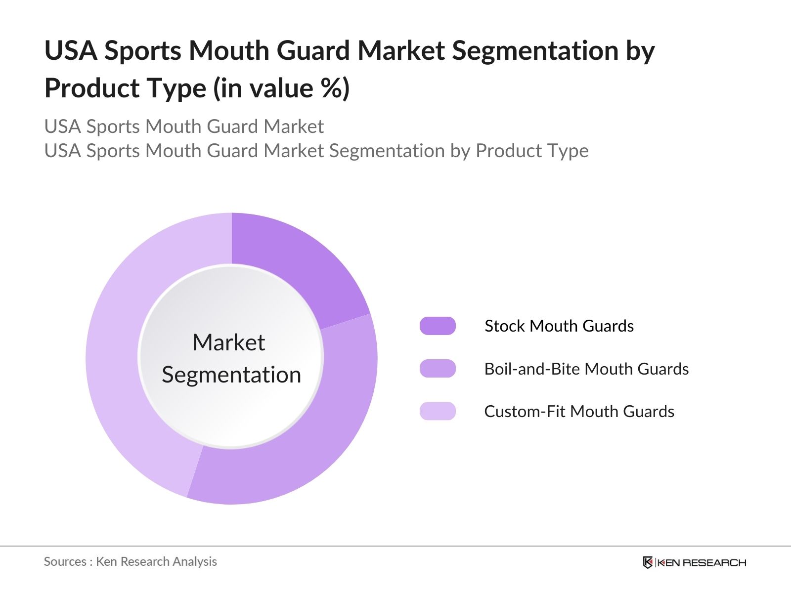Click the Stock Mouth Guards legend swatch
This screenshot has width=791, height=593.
click(x=438, y=326)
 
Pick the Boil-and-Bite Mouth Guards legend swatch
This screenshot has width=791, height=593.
click(x=438, y=369)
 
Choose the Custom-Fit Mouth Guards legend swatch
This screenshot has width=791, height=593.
click(x=438, y=411)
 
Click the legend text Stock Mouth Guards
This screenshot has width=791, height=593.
click(x=559, y=326)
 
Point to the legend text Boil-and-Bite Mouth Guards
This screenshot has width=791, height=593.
click(x=586, y=369)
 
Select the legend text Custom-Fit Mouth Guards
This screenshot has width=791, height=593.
click(x=579, y=411)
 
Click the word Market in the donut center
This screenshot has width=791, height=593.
click(x=228, y=342)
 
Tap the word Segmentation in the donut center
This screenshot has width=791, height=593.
click(x=231, y=375)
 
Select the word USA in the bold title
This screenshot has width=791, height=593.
click(x=71, y=51)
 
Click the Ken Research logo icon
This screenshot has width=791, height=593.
click(x=648, y=562)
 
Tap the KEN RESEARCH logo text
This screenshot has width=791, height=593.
click(x=702, y=562)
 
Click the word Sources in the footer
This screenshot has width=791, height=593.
click(x=65, y=561)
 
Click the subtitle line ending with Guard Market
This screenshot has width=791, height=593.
click(x=184, y=127)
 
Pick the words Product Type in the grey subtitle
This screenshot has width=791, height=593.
click(x=532, y=151)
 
